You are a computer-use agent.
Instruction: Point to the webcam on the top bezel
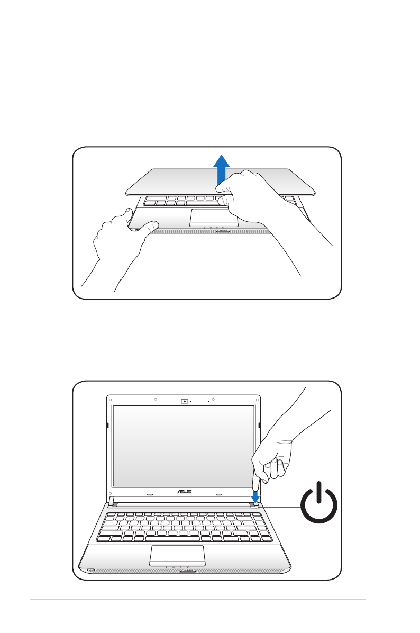coord(185,401)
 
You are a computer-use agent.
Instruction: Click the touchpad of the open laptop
coord(177,554)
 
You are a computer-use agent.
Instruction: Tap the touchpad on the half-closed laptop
coord(214,217)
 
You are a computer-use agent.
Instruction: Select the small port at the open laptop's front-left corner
coord(90,570)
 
